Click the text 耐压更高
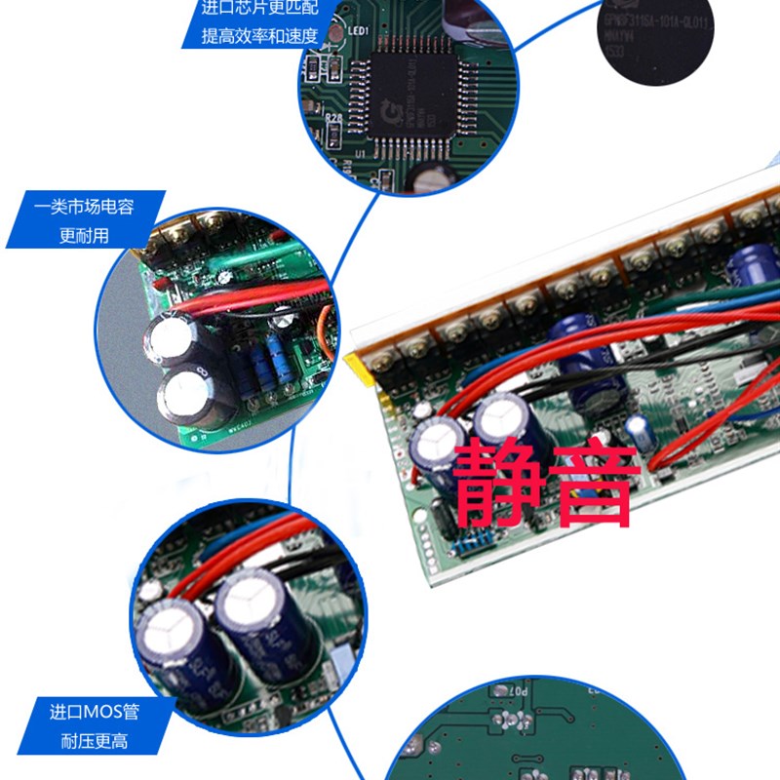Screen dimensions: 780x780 click(x=94, y=742)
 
